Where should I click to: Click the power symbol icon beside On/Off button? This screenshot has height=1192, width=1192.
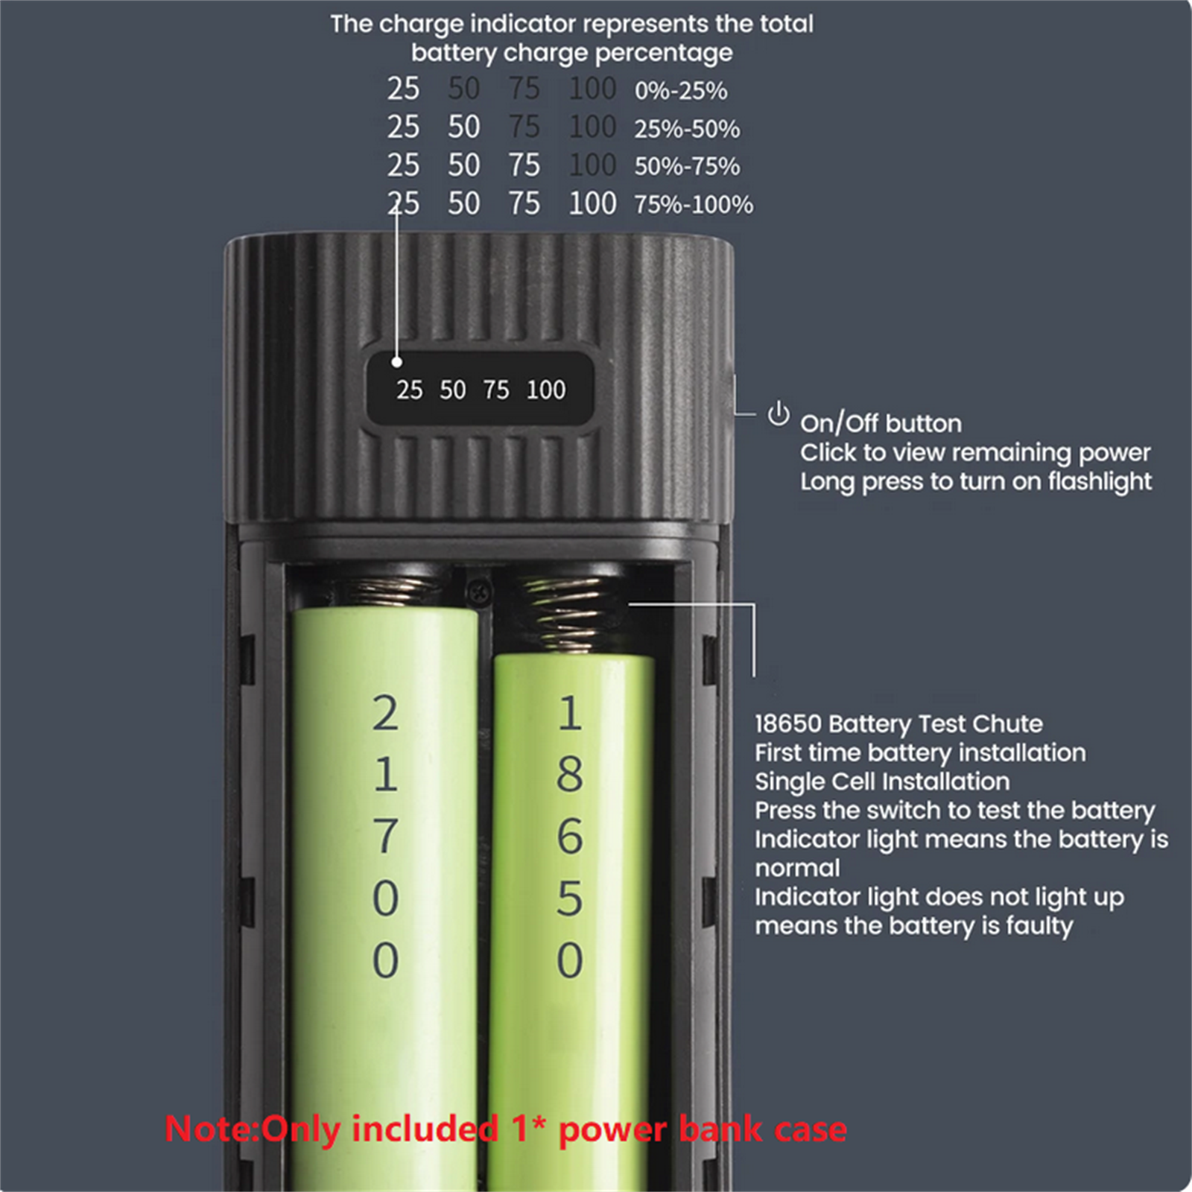[x=779, y=413]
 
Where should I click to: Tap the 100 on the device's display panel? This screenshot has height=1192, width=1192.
[x=546, y=390]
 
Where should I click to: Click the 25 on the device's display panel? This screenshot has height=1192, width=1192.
[x=409, y=390]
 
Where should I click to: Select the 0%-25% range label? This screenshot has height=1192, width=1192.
[x=681, y=91]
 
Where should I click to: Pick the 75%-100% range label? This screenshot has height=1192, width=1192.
[x=694, y=204]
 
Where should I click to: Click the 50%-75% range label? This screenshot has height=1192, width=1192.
[x=687, y=166]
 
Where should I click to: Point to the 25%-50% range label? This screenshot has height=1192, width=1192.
[x=687, y=129]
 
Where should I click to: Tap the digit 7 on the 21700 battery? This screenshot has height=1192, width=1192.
[x=385, y=836]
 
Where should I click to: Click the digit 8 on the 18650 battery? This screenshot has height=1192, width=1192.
[x=570, y=774]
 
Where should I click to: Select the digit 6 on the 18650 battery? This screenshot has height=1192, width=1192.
[x=570, y=836]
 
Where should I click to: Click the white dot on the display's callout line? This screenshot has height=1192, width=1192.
[x=397, y=362]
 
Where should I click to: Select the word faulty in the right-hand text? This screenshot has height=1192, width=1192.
[x=1040, y=926]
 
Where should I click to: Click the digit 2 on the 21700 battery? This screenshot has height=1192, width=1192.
[x=385, y=713]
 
